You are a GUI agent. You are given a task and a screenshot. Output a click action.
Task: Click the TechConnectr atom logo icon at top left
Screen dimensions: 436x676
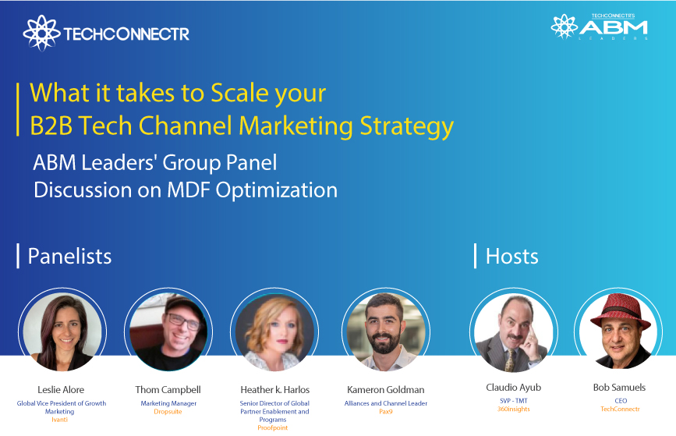(40, 33)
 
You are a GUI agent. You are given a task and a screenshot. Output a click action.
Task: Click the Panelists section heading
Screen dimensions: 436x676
(69, 256)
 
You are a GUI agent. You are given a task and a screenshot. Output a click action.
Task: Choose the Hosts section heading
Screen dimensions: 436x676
(511, 256)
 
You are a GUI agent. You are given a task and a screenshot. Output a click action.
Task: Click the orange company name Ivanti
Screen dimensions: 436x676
(62, 420)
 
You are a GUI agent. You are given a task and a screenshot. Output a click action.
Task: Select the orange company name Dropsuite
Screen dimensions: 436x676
(168, 411)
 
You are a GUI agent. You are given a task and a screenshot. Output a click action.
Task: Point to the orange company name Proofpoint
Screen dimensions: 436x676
(272, 428)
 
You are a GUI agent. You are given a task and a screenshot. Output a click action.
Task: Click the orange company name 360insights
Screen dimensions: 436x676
(513, 409)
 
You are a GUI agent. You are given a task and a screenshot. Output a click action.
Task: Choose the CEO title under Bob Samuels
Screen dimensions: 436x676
(621, 401)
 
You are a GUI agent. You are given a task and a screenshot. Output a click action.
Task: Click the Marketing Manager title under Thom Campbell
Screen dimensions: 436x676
(168, 403)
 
